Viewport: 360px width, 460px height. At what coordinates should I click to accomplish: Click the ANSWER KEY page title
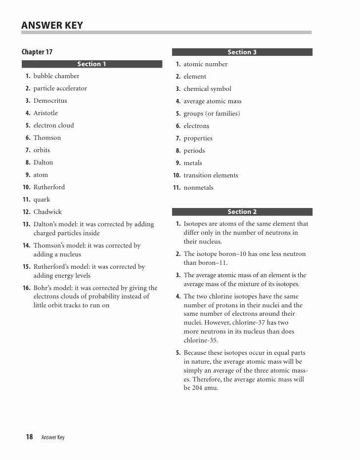pos(52,25)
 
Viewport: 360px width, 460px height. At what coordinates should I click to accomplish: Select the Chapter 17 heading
pos(37,52)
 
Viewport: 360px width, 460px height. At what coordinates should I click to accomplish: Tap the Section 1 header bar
pos(92,64)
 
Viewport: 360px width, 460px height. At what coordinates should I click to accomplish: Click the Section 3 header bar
pos(242,52)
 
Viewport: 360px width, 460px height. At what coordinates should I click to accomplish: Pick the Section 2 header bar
pos(242,211)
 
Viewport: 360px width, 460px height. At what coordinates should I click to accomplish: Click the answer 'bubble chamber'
pos(56,76)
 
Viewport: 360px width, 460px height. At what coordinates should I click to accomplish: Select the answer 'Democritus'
pos(50,101)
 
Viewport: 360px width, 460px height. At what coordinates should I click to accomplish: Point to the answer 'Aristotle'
pos(45,113)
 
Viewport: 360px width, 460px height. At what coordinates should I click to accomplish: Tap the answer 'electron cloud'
pos(53,125)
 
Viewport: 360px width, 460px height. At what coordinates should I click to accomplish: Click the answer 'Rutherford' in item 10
pos(49,187)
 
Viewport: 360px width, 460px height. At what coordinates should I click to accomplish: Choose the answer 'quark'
pos(42,200)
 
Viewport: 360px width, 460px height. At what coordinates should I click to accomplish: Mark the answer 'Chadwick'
pos(47,212)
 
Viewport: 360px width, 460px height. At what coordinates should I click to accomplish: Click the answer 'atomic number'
pos(205,64)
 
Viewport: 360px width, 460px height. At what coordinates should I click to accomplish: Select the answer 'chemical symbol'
pos(207,89)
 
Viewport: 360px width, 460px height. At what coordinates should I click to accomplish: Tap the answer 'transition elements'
pos(211,175)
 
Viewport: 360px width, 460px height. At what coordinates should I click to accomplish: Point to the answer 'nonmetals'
pos(198,188)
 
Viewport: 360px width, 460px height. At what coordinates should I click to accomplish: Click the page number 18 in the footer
pos(29,437)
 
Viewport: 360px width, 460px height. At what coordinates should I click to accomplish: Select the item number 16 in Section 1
pos(26,288)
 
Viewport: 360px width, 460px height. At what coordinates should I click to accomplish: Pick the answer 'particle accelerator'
pos(60,88)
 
